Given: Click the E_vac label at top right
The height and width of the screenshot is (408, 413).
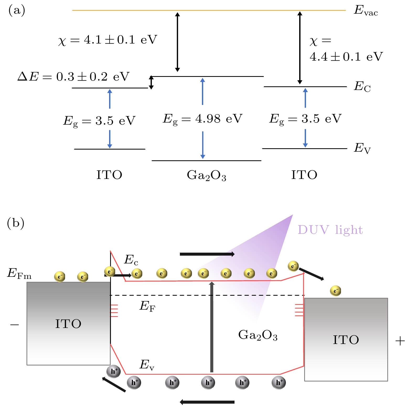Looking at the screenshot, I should click(x=366, y=11).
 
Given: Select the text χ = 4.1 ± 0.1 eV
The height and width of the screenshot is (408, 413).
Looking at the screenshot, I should click(x=108, y=40).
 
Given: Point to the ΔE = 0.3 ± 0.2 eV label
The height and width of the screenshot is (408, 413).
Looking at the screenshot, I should click(x=73, y=77).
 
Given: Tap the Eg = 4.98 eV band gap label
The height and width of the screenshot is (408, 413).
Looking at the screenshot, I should click(x=202, y=119).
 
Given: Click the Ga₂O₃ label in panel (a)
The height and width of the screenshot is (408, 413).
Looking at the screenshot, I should click(x=206, y=175).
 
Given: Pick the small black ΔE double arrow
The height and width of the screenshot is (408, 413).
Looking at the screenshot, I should click(x=151, y=82).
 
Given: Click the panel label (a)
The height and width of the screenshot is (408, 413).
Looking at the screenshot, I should click(x=17, y=10).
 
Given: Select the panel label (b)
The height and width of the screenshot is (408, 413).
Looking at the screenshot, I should click(x=16, y=223).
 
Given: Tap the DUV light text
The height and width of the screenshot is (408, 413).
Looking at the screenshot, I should click(x=330, y=230).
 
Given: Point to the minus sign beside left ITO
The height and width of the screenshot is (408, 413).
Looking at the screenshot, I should click(x=14, y=325).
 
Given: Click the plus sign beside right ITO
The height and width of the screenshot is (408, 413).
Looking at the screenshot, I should click(x=400, y=341).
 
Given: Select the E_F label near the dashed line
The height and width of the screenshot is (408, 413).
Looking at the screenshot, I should click(x=147, y=306).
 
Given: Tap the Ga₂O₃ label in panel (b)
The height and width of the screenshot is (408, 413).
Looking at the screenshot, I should click(x=258, y=335).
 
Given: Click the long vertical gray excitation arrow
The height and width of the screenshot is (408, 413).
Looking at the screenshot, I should click(x=212, y=327).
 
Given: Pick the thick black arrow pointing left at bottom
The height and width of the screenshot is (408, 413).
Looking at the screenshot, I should click(x=207, y=402).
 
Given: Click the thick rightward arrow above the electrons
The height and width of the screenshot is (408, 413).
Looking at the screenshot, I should click(x=207, y=254).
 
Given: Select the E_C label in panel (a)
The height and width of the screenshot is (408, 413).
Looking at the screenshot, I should click(x=362, y=87).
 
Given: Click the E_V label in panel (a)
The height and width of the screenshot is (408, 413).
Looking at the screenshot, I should click(x=362, y=148).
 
